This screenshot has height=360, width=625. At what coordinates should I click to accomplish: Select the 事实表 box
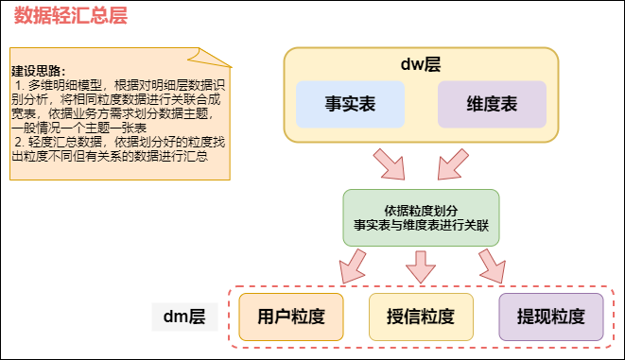coord(350,105)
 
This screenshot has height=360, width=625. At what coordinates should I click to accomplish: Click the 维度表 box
coord(492,105)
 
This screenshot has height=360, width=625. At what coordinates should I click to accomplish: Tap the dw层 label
coord(421,64)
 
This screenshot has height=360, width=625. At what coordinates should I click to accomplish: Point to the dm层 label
coord(185,317)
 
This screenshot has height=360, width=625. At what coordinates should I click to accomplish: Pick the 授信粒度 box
coord(421,317)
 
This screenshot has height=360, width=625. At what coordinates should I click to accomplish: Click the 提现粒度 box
coord(550,317)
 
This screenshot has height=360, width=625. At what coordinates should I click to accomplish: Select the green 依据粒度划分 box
coord(421,218)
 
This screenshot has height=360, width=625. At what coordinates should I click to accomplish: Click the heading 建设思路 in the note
coord(39,71)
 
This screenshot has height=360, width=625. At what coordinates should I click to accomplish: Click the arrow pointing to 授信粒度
coord(421,268)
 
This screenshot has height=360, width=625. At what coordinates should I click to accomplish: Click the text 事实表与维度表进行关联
coord(421,227)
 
